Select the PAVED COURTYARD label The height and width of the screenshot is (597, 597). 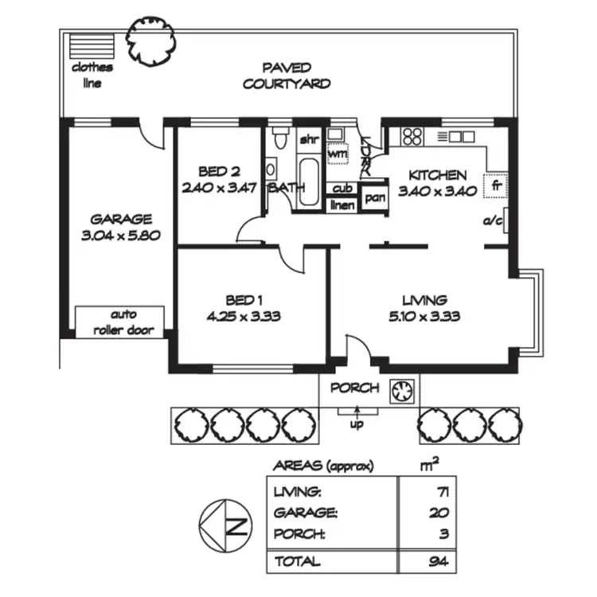pos(287,76)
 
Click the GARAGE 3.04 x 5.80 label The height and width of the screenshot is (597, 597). pos(120,228)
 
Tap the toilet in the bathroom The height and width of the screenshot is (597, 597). pos(277,139)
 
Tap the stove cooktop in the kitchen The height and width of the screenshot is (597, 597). pos(412,136)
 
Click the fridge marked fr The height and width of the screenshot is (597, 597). pos(495,185)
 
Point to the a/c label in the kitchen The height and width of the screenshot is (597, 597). pos(493,221)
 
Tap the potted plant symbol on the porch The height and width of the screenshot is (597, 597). pos(401,389)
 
